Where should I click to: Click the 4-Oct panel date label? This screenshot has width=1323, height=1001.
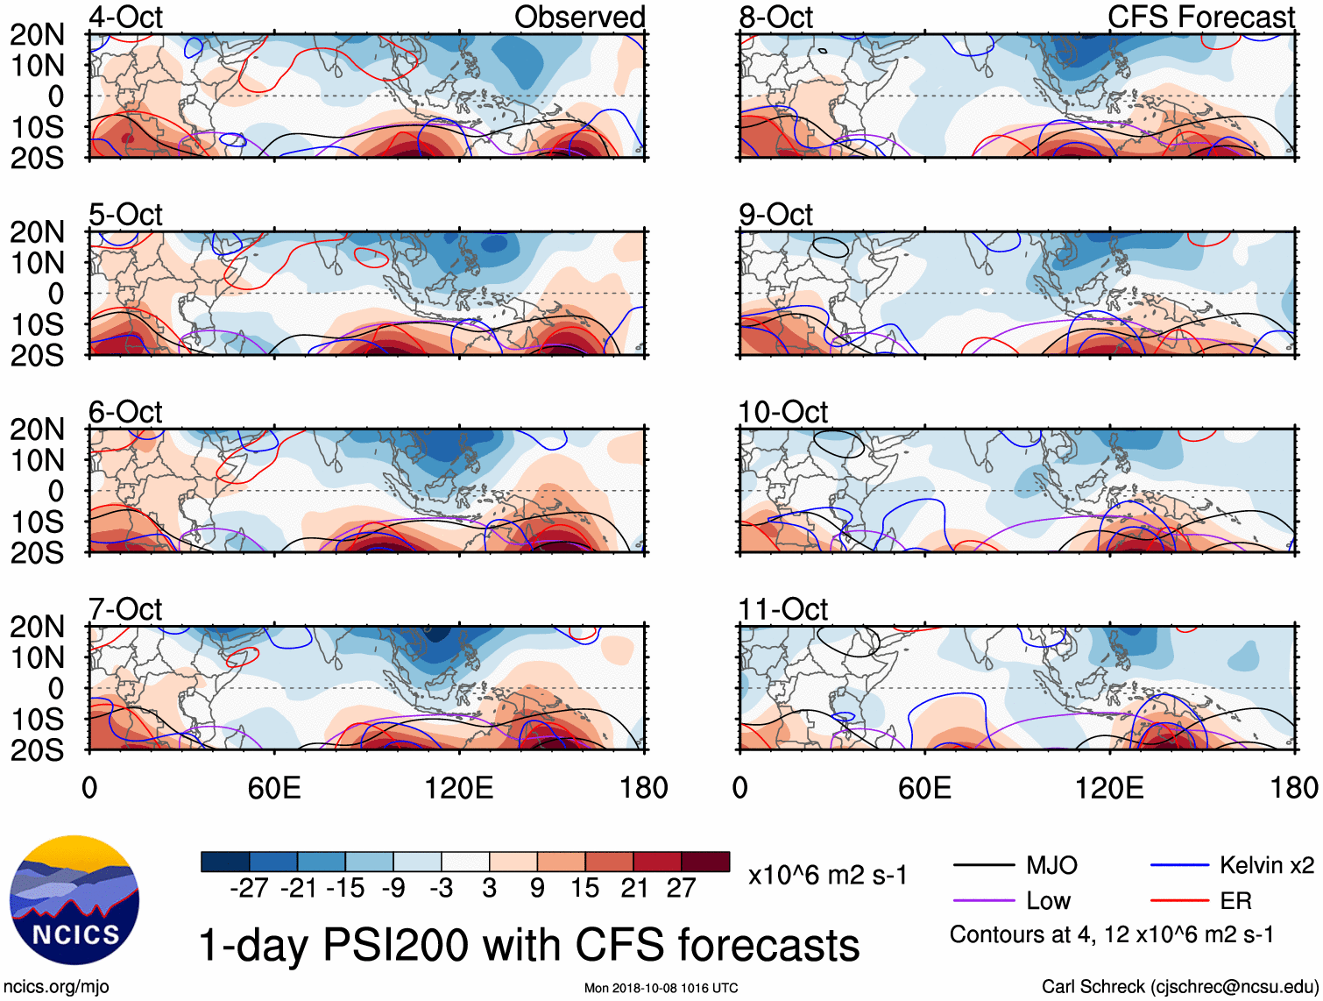click(x=125, y=17)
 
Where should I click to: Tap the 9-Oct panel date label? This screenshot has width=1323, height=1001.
click(x=775, y=215)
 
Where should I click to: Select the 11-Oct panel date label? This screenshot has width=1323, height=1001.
click(x=782, y=609)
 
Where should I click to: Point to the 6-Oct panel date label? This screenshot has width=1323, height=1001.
click(x=125, y=412)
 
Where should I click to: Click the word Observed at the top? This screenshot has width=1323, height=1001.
click(x=579, y=17)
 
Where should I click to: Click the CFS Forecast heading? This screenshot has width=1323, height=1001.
click(x=1200, y=17)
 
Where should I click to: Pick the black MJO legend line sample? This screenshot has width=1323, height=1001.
click(x=983, y=866)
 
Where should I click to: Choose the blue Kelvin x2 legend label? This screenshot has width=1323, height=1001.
click(x=1266, y=866)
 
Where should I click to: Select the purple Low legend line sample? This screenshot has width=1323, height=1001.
click(x=983, y=901)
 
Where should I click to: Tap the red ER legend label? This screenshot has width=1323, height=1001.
click(x=1235, y=901)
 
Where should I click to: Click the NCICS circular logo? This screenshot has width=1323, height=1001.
click(x=74, y=900)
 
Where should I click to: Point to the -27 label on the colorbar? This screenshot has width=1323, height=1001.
click(x=249, y=889)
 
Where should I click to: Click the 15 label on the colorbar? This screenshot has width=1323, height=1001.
click(x=584, y=889)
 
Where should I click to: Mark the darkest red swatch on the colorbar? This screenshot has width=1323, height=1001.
click(x=705, y=862)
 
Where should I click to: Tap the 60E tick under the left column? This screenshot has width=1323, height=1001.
click(x=274, y=788)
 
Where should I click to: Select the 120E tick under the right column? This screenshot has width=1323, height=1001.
click(x=1109, y=788)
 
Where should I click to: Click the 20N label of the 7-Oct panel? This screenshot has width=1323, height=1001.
click(x=37, y=628)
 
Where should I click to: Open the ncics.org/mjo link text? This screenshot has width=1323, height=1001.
click(x=56, y=987)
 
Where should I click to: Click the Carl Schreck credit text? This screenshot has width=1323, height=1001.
click(x=1179, y=987)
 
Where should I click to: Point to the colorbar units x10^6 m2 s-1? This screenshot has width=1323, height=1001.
click(x=827, y=876)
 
